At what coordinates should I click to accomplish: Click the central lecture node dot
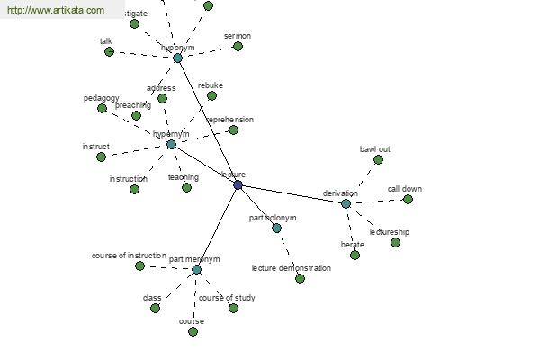click(238, 184)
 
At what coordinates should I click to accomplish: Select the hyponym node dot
click(177, 58)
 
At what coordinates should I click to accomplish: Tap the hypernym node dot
click(171, 144)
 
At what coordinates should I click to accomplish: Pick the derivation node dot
click(346, 203)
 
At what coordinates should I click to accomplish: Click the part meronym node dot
click(196, 269)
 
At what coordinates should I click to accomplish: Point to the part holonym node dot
click(276, 228)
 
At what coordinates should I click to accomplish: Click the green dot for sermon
click(238, 46)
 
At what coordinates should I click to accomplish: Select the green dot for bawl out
click(378, 159)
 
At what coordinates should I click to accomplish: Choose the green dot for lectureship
click(395, 242)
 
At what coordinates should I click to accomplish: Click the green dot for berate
click(355, 255)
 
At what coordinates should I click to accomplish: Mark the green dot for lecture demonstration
click(300, 278)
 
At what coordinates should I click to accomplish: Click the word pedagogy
click(102, 97)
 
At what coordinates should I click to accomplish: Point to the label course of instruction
click(129, 256)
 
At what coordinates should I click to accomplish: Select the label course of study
click(227, 298)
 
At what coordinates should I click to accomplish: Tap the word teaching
click(184, 177)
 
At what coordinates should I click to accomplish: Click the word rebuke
click(211, 85)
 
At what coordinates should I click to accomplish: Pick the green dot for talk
click(109, 51)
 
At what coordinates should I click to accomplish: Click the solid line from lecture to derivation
click(292, 194)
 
